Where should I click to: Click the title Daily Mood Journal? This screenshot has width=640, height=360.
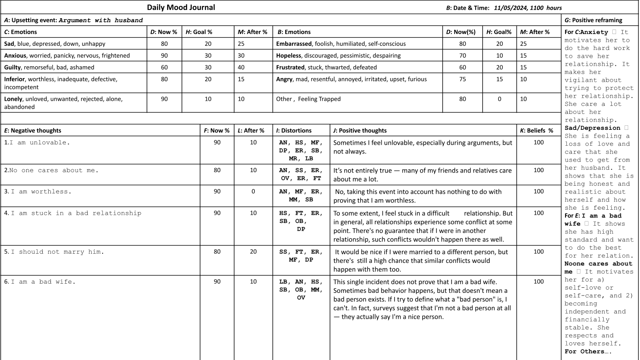[181, 7]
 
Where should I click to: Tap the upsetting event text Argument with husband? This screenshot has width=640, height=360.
[101, 20]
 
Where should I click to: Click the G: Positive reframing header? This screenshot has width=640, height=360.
[593, 20]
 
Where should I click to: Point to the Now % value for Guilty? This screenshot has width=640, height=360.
[164, 67]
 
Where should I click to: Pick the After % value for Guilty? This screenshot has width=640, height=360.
[243, 67]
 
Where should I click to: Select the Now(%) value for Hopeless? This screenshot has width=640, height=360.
[462, 55]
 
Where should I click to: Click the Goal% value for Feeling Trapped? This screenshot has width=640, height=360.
[499, 99]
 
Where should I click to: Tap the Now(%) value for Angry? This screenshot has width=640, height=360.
[462, 79]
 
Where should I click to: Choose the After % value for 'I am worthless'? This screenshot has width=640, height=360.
[253, 192]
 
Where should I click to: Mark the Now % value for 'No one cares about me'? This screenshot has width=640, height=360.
[217, 170]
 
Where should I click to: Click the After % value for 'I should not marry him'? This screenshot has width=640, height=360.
[253, 252]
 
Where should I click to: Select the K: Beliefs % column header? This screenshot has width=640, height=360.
[536, 130]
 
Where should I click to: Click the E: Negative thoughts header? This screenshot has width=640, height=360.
[32, 130]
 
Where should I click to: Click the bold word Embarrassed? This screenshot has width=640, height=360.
[293, 44]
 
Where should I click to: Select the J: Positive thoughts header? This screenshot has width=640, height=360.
[360, 130]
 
